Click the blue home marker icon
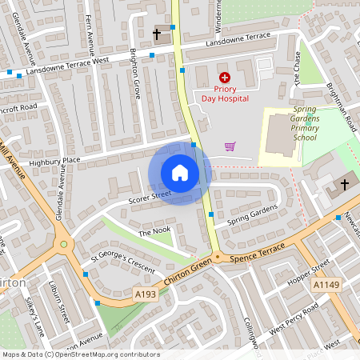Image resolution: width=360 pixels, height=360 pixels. point(180,173)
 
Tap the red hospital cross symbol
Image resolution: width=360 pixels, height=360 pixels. point(224,77)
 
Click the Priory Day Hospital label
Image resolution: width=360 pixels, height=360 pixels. point(225,93)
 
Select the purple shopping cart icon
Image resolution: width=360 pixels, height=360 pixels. point(230,146)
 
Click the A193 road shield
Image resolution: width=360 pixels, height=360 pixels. point(145,295)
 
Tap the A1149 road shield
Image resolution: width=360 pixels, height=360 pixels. point(326,285)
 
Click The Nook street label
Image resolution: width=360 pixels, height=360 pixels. point(155,232)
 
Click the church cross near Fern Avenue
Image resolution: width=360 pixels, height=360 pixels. point(157,35)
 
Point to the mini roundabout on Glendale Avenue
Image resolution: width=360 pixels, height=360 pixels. point(64,245)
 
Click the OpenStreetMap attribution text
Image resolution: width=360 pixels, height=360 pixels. point(80,354)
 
